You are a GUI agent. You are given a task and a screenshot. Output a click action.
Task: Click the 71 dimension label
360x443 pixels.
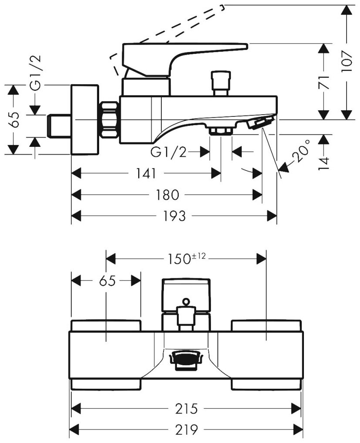(323, 81)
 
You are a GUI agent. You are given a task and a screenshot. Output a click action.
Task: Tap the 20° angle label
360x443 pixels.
(303, 152)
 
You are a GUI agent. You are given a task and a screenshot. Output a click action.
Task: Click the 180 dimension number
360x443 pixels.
(167, 195)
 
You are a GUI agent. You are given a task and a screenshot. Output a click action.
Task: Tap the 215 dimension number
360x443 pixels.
(187, 408)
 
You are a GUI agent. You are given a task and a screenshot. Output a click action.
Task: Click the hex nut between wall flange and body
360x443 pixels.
(110, 119)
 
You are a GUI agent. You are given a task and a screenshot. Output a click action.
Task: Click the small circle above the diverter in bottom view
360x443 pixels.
(186, 301)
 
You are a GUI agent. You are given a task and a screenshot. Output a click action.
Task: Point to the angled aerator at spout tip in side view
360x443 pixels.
(260, 122)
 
